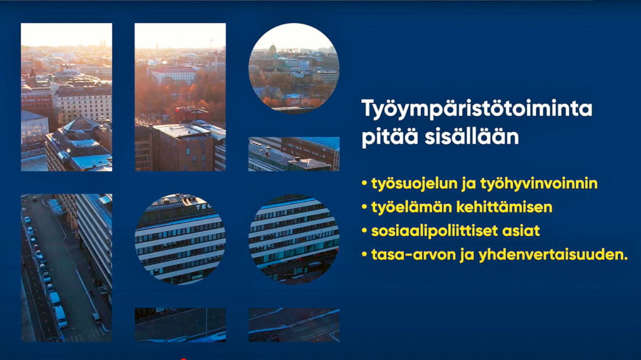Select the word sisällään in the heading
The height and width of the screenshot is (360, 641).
coord(472,136)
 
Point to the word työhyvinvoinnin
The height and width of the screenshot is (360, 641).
coord(539,183)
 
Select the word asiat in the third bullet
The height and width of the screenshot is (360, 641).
coord(525,231)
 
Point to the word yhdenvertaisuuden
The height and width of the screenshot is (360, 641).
coord(553,255)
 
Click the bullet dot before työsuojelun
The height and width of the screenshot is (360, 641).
coord(364,184)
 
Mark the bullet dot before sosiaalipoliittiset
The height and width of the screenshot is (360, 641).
coord(364,231)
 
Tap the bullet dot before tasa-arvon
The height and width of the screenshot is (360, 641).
coord(364,255)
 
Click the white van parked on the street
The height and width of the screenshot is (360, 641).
coord(60,316)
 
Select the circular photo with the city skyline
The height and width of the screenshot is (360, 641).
coord(294,68)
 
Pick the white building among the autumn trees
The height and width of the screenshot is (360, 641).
coord(174,75)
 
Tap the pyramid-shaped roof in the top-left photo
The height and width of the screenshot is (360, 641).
coord(81,124)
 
